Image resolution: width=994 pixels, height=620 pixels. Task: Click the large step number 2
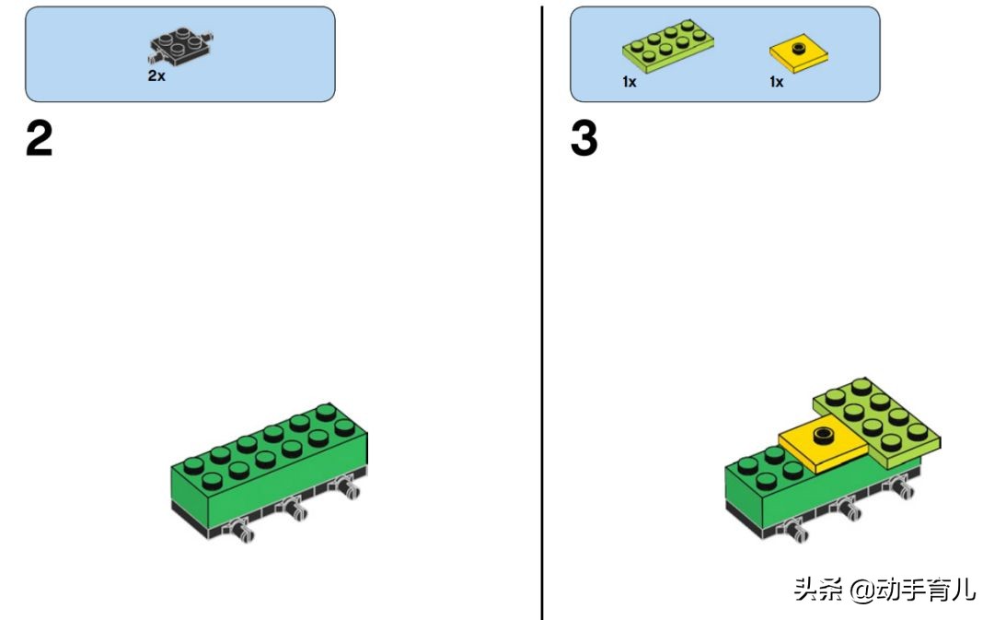[40, 138]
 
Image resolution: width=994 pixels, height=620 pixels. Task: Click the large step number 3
[584, 138]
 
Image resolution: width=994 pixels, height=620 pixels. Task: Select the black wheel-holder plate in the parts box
[180, 46]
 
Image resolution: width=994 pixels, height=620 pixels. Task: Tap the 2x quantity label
[156, 76]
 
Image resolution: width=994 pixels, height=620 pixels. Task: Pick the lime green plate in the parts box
[668, 45]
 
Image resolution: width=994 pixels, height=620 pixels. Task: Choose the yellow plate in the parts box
[799, 54]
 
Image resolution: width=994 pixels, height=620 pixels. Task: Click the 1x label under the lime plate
[629, 82]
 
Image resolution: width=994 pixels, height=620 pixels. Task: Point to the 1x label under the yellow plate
[777, 82]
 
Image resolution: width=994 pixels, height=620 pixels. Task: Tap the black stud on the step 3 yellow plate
[824, 435]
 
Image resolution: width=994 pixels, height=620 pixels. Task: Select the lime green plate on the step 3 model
[878, 421]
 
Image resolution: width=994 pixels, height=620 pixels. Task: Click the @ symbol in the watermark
[862, 590]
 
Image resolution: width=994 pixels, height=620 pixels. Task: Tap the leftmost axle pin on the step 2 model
[241, 531]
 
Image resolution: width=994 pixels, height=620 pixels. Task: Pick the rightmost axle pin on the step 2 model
[348, 487]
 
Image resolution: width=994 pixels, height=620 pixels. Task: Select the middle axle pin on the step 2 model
[295, 509]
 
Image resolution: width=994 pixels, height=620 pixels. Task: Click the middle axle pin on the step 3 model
[849, 509]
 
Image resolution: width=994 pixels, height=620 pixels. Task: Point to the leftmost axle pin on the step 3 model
[795, 531]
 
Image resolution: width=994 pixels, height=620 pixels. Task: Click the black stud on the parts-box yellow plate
[799, 48]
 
